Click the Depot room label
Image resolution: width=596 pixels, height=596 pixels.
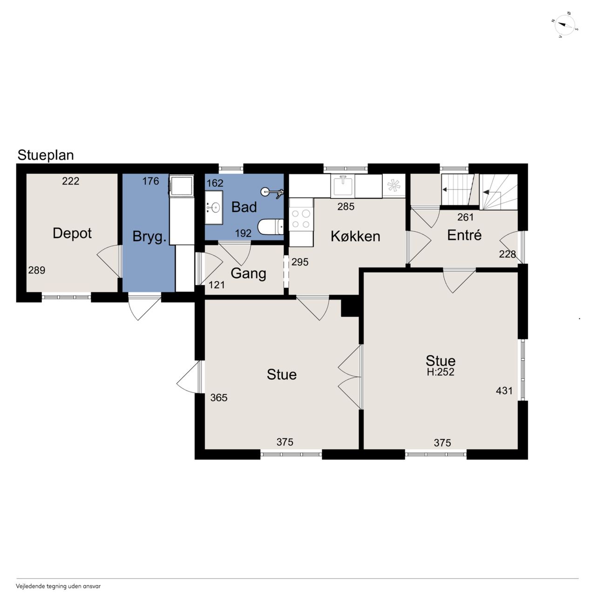point(72,233)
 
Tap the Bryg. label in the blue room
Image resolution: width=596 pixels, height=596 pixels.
point(149,237)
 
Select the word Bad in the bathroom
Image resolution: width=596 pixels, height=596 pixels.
point(244,207)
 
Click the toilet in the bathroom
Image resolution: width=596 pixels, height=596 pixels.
point(271,227)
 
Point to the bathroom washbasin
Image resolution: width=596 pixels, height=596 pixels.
point(214,207)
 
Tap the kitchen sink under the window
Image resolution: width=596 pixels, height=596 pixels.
point(343,185)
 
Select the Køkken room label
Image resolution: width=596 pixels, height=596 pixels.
point(355,236)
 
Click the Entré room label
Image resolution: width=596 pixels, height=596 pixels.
point(464,235)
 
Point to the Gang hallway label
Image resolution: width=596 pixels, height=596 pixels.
point(248,274)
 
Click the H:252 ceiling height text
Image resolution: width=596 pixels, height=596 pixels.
point(440,372)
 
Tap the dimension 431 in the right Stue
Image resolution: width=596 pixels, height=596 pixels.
point(504,391)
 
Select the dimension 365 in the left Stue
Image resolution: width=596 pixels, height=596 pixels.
point(219,398)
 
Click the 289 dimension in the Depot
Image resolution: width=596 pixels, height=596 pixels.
point(37,271)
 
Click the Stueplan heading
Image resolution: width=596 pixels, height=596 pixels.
point(46,155)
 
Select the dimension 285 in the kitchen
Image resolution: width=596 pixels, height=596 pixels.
point(346,207)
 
